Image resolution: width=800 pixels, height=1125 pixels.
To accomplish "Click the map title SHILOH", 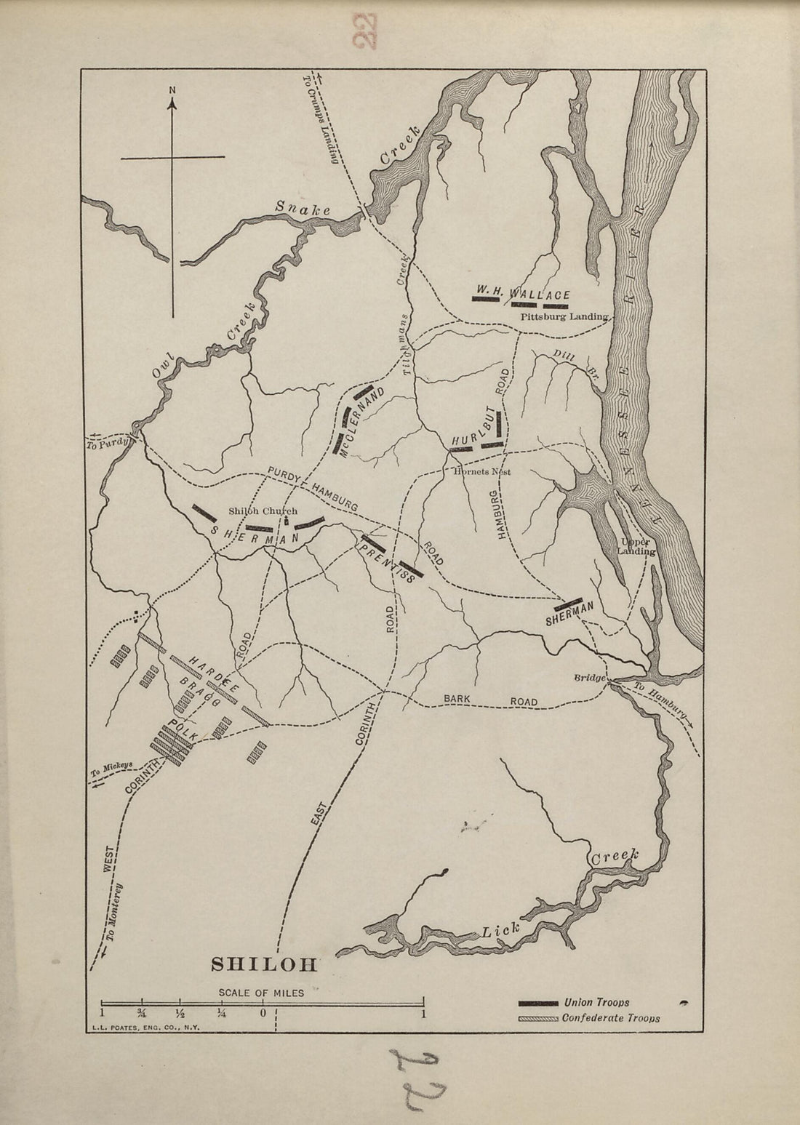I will click(x=264, y=964).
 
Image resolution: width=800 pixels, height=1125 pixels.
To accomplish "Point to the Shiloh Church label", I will click(x=263, y=511).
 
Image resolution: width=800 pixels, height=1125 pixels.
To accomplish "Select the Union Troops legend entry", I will click(x=596, y=1003).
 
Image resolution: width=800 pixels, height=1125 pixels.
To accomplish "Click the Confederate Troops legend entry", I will click(x=610, y=1018).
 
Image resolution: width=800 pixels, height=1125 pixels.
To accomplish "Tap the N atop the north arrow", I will click(x=172, y=90).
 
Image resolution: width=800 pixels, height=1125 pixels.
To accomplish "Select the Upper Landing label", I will click(x=636, y=546).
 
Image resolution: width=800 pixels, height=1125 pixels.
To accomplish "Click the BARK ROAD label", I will click(x=491, y=700).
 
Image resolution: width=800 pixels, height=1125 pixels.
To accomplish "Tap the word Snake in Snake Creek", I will click(x=303, y=209).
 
